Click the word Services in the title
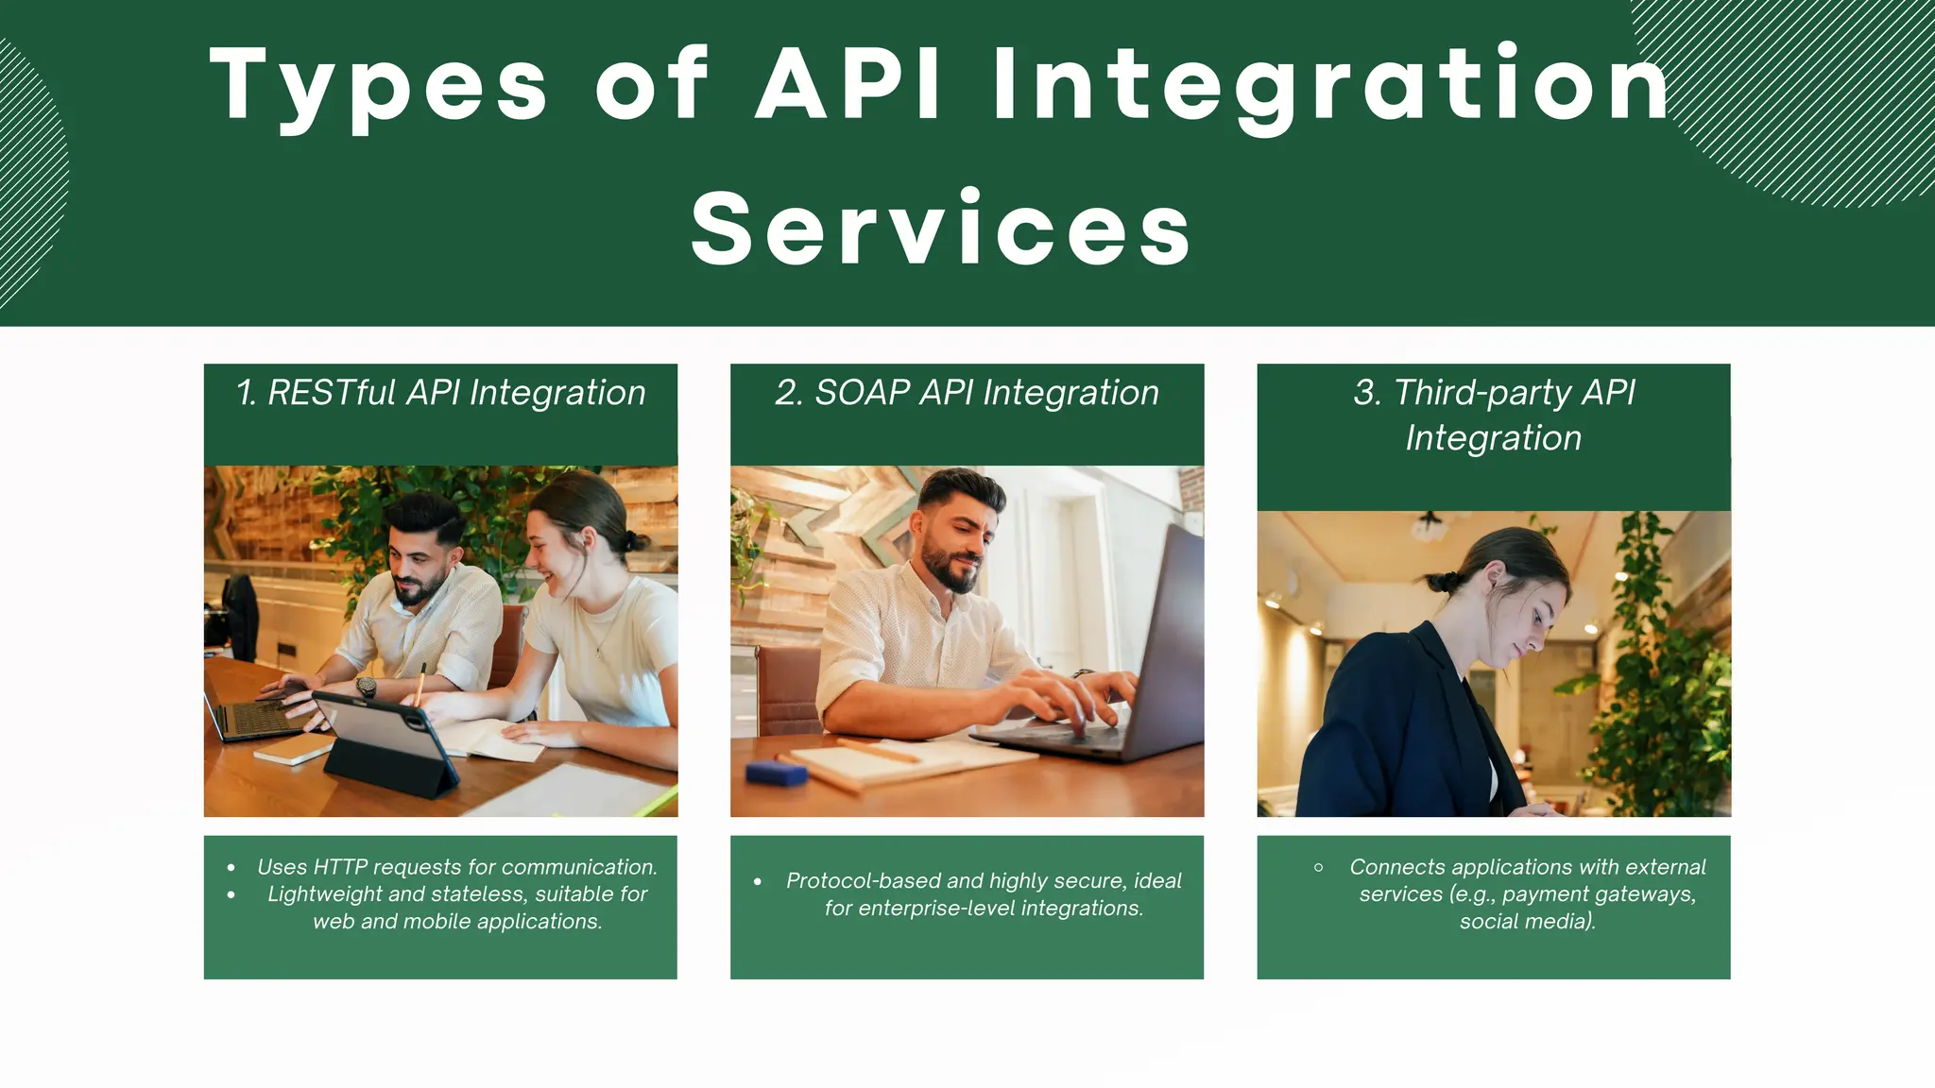coord(941,229)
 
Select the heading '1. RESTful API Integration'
coord(440,393)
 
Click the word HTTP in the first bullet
coord(339,867)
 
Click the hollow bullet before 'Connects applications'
coord(1318,867)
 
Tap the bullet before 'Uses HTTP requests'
coord(231,868)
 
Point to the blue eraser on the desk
coord(776,773)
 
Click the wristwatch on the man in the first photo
coord(366,687)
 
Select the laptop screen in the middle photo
coord(1167,642)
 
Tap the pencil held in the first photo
coord(420,684)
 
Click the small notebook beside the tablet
coord(294,749)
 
